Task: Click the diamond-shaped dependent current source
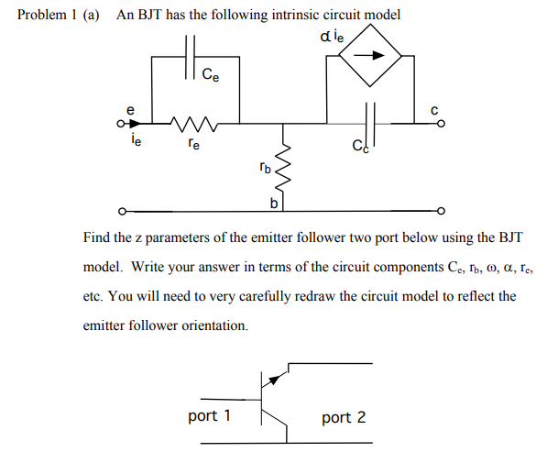(x=369, y=56)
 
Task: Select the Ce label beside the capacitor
(x=210, y=74)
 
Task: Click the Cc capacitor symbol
(x=369, y=121)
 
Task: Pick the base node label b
(x=273, y=201)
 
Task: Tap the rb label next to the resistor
(x=264, y=168)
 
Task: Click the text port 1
(x=209, y=416)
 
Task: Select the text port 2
(x=344, y=417)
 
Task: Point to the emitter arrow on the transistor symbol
(x=273, y=379)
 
